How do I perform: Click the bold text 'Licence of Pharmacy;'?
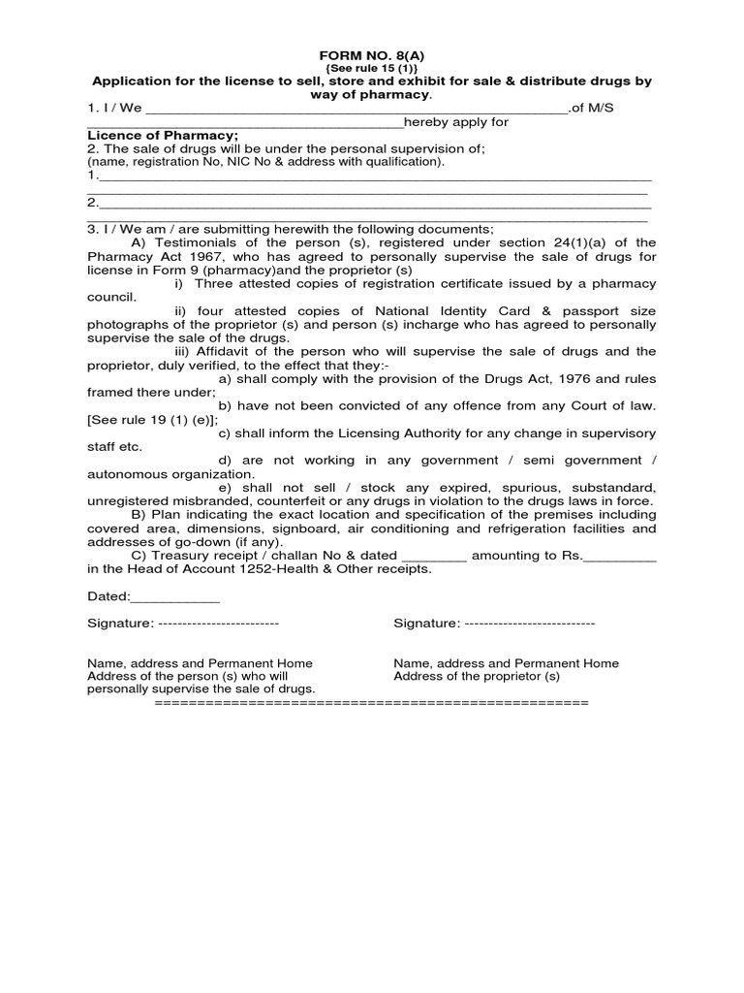click(x=163, y=135)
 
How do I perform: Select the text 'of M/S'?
click(x=592, y=108)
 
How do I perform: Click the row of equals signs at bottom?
click(x=371, y=701)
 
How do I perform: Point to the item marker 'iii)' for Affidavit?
click(x=184, y=351)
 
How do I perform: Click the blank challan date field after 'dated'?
click(x=434, y=556)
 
